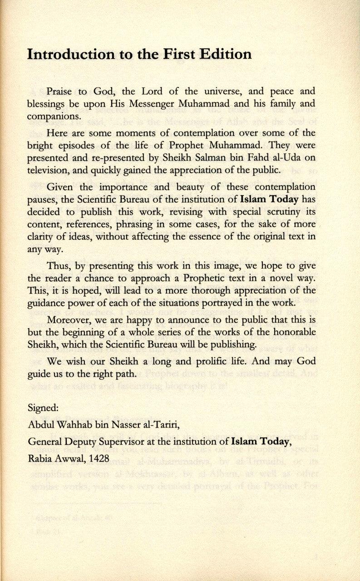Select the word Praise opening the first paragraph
coord(59,91)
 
